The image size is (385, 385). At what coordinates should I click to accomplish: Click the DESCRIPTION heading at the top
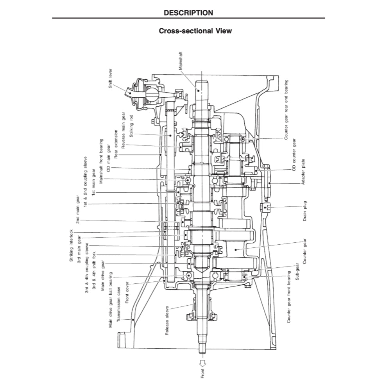pos(188,13)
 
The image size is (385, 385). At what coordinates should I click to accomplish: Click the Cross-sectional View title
pos(195,31)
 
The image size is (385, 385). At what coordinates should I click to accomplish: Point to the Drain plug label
pos(305,211)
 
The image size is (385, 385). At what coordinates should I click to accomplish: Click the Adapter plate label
pos(303,172)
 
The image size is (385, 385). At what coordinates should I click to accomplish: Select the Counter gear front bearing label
pos(288,297)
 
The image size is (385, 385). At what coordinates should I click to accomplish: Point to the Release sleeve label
pos(167,320)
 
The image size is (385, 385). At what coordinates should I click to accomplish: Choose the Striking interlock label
pos(71,245)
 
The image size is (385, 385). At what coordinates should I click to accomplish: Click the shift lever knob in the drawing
pos(131,92)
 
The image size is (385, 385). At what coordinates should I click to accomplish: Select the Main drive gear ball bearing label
pos(111,300)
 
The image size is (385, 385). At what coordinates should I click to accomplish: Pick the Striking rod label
pos(132,124)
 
